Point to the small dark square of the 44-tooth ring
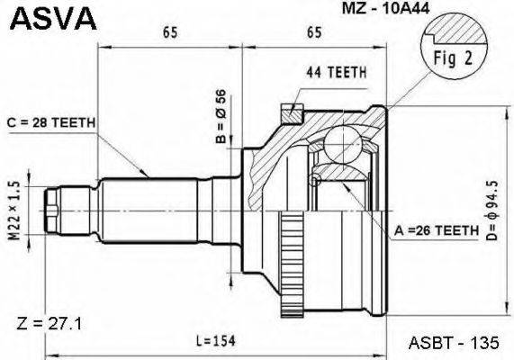pos(289,112)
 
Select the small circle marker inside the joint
pos(314,183)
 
